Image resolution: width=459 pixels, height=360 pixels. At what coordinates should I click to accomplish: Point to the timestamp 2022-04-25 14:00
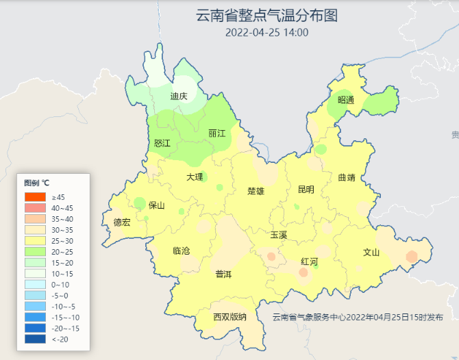(x=266, y=32)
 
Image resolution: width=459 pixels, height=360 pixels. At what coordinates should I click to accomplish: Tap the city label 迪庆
(x=179, y=97)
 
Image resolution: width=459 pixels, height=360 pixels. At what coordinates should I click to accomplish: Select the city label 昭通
(x=346, y=100)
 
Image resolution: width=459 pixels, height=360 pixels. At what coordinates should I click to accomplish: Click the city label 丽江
(x=216, y=133)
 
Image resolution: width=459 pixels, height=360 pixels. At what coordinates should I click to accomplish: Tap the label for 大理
(x=195, y=177)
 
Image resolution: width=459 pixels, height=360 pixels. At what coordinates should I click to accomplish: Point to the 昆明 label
(x=306, y=190)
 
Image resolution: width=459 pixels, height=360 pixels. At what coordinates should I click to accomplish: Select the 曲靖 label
(x=347, y=178)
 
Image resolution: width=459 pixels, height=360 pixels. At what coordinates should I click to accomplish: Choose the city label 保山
(x=157, y=205)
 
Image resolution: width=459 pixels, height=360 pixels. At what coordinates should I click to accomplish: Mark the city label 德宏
(x=122, y=222)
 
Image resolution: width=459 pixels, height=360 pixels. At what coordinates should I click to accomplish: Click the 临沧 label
(x=182, y=250)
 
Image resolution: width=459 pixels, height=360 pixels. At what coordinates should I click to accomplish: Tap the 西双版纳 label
(x=229, y=317)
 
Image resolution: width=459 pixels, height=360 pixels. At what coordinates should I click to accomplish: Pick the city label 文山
(x=371, y=252)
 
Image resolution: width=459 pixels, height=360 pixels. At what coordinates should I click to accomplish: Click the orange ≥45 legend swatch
(x=34, y=197)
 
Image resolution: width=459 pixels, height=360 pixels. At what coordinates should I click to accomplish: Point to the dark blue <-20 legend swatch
(x=34, y=339)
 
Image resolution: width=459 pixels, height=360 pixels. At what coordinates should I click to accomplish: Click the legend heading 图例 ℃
(x=36, y=183)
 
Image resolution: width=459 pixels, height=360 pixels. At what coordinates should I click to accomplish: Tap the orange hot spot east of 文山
(x=411, y=257)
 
